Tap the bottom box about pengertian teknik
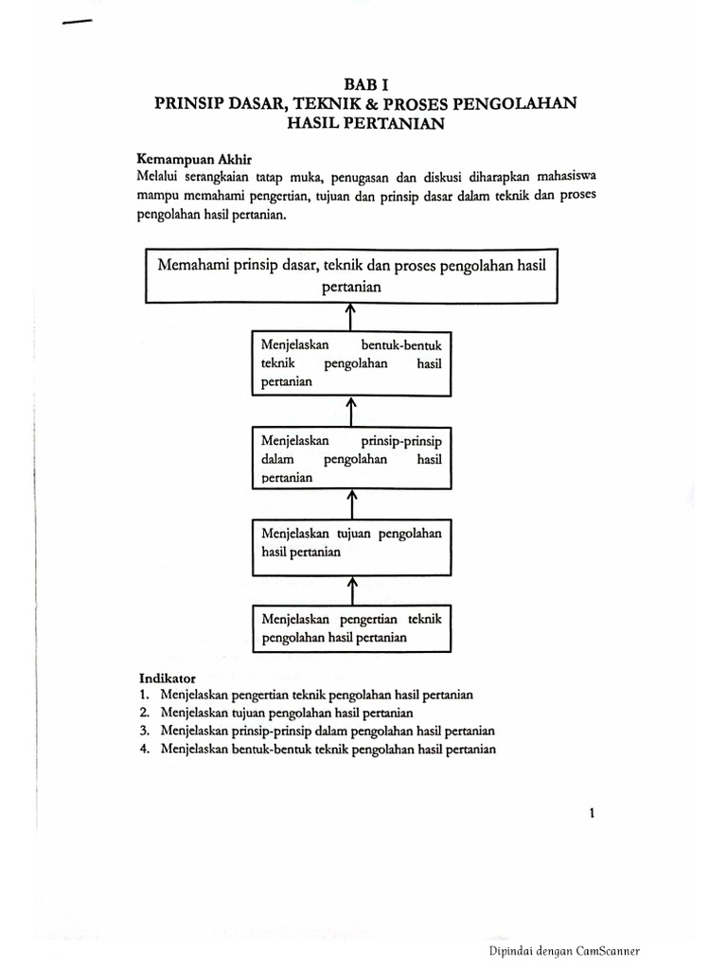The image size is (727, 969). pyautogui.click(x=350, y=628)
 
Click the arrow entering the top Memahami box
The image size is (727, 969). pyautogui.click(x=351, y=316)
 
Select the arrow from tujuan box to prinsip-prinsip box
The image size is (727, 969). pyautogui.click(x=351, y=502)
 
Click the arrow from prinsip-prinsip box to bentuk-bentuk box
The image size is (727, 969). pyautogui.click(x=351, y=412)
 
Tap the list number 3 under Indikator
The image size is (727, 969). pyautogui.click(x=144, y=731)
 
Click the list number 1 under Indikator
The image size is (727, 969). pyautogui.click(x=144, y=695)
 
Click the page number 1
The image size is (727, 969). pyautogui.click(x=592, y=812)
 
